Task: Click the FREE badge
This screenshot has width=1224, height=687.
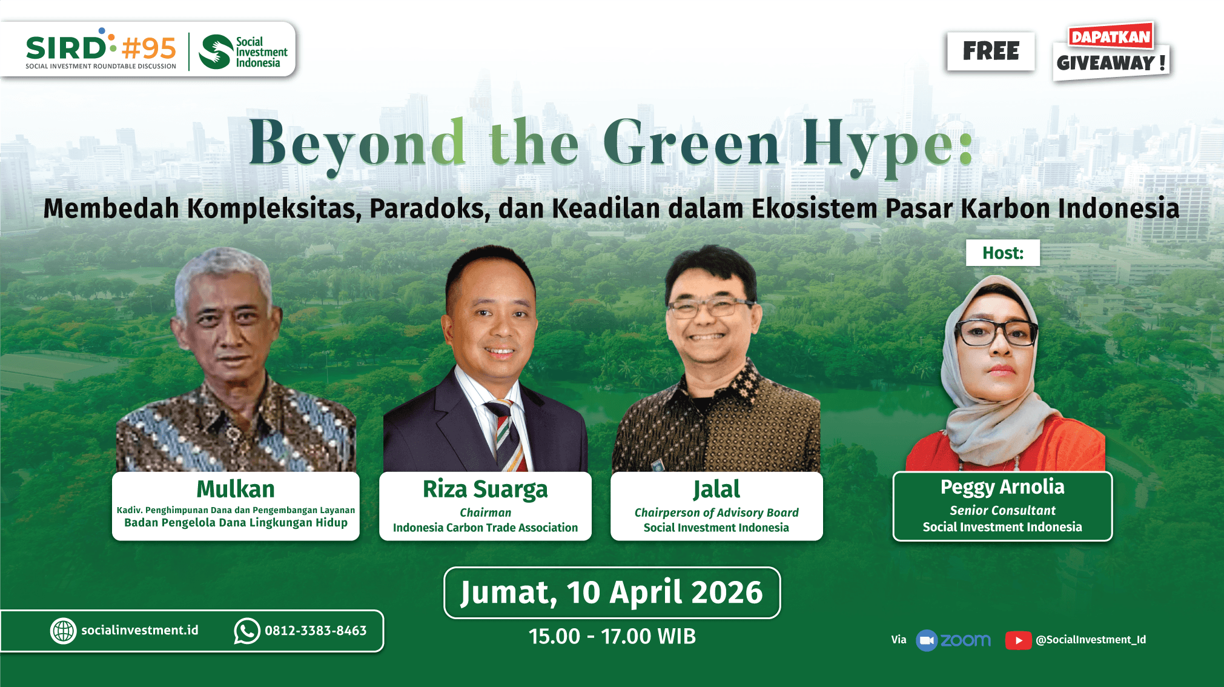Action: click(x=991, y=51)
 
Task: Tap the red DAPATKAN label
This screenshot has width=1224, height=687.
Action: click(x=1111, y=36)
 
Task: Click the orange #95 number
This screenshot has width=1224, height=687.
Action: click(x=149, y=48)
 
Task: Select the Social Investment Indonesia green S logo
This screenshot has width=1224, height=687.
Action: click(x=216, y=51)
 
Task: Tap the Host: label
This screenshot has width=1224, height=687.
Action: click(x=1003, y=253)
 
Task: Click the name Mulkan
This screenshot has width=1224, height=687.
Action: click(x=236, y=489)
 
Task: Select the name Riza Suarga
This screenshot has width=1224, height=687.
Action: click(x=485, y=490)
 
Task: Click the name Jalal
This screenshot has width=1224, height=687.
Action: click(x=716, y=490)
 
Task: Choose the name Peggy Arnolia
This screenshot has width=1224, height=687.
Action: click(x=1002, y=487)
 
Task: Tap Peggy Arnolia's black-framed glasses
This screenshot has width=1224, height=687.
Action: click(x=995, y=333)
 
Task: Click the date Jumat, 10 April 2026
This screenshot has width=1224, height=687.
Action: click(x=612, y=592)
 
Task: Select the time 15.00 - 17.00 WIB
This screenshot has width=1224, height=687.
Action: click(x=612, y=637)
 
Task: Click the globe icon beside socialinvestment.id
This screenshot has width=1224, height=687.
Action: click(x=63, y=631)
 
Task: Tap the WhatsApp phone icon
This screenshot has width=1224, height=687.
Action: click(x=247, y=631)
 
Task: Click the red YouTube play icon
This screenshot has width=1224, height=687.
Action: click(x=1018, y=640)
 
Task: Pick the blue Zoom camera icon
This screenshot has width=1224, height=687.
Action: click(x=927, y=640)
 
